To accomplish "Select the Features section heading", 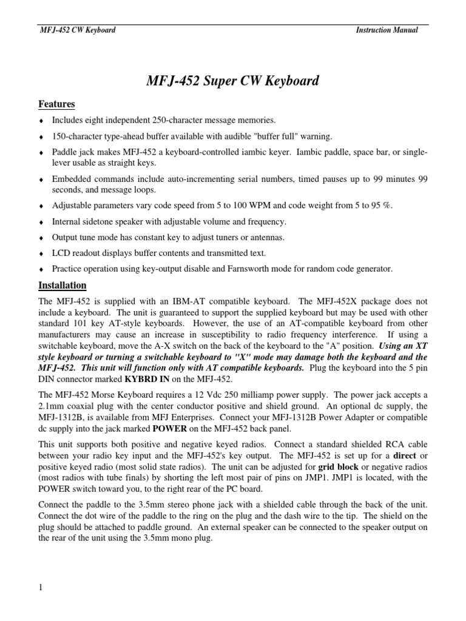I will pos(56,104).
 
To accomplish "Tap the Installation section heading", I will pos(62,285).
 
